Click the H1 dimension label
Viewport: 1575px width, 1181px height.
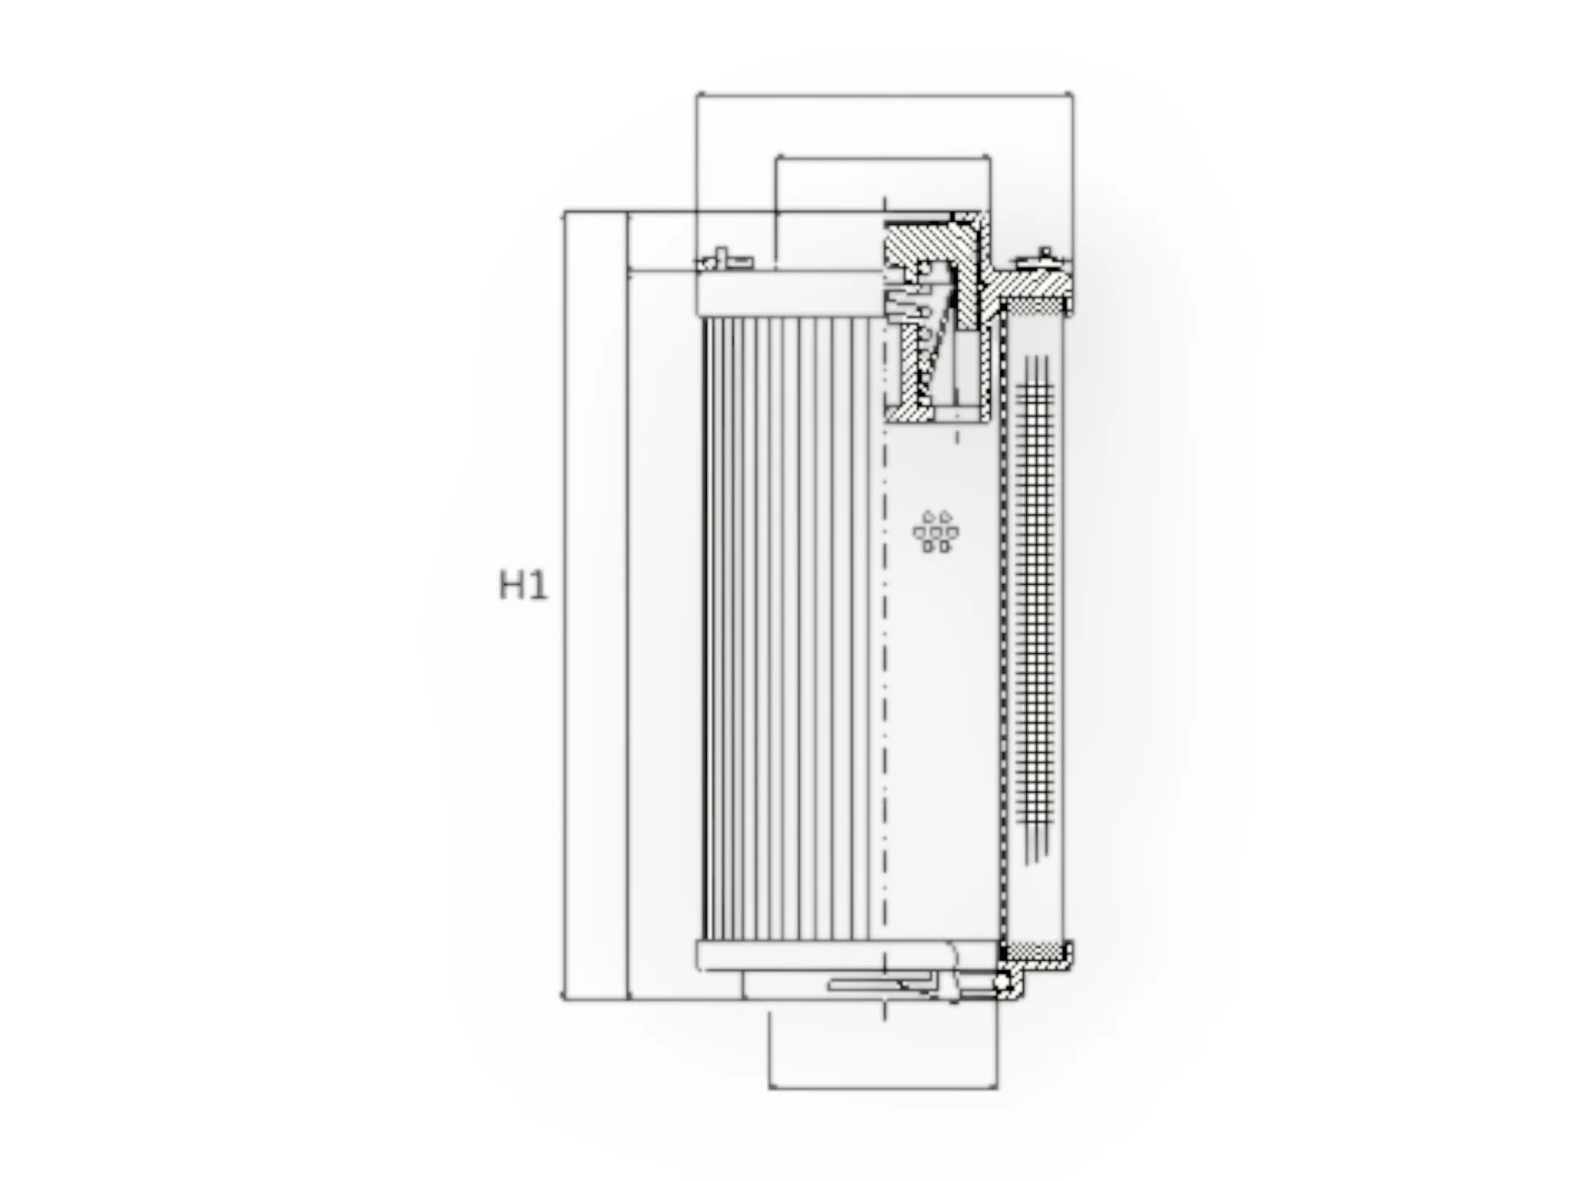click(523, 586)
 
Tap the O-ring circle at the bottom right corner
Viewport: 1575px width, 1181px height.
click(1002, 982)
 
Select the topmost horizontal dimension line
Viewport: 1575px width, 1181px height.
click(884, 95)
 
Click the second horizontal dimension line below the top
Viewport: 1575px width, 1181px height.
click(883, 155)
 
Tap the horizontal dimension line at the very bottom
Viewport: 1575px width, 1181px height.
click(883, 1088)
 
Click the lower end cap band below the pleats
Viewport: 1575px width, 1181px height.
click(820, 955)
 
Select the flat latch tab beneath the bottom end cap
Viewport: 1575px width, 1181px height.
click(878, 983)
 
